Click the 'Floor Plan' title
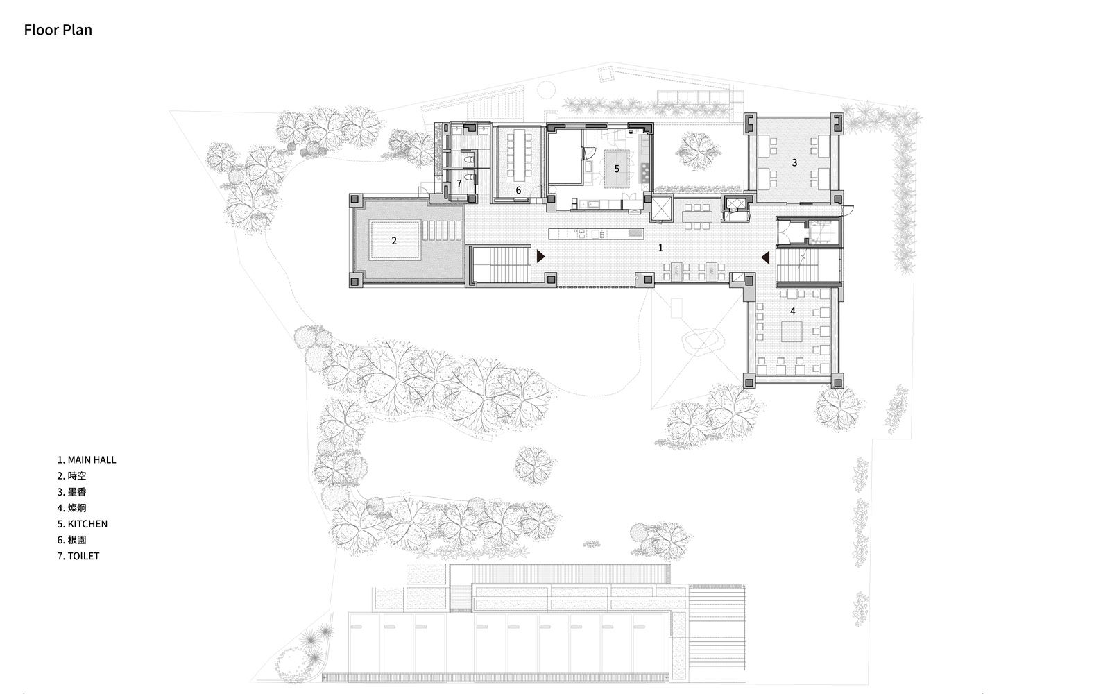(58, 30)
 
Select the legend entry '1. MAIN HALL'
(87, 460)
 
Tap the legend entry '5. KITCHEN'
(82, 524)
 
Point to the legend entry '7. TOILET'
(78, 556)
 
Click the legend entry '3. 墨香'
(71, 491)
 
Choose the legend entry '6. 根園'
(71, 540)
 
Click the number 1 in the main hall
(660, 248)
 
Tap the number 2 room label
(393, 240)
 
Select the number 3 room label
(794, 163)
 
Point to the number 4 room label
(793, 311)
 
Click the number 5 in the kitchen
(616, 169)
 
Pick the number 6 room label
(518, 190)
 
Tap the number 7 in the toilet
(459, 183)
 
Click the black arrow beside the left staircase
(540, 257)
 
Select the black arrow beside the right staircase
(765, 257)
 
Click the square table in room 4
(792, 331)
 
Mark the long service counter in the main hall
(596, 234)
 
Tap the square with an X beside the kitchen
(663, 209)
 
